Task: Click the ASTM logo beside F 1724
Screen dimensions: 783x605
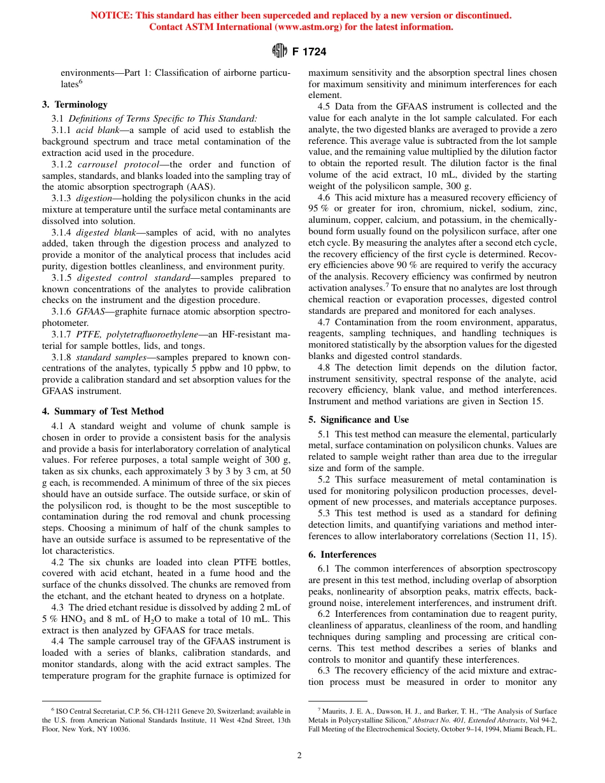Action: click(280, 51)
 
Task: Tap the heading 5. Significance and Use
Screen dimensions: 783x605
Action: click(359, 420)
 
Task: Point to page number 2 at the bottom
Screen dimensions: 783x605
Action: click(299, 756)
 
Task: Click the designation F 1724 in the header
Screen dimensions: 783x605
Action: click(310, 52)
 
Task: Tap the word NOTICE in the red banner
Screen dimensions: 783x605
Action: click(111, 15)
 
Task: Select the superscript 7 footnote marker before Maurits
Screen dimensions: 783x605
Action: click(318, 709)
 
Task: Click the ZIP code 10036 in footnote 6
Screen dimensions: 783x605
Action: click(119, 729)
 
